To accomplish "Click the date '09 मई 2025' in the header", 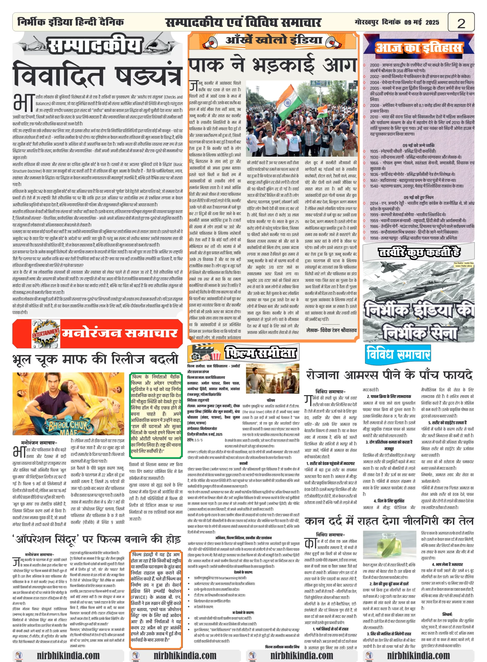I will click(421, 22).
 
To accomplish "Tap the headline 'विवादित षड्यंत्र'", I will click(97, 74).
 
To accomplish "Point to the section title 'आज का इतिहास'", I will click(418, 48).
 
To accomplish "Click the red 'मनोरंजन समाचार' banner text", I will click(120, 333).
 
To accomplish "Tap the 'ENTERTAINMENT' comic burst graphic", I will click(45, 334).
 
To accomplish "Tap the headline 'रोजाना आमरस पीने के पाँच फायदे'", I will click(389, 375).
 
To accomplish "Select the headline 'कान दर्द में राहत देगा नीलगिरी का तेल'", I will click(389, 521).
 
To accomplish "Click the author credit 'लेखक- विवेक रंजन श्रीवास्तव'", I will click(331, 330).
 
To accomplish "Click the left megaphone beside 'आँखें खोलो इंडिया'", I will click(212, 42).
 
